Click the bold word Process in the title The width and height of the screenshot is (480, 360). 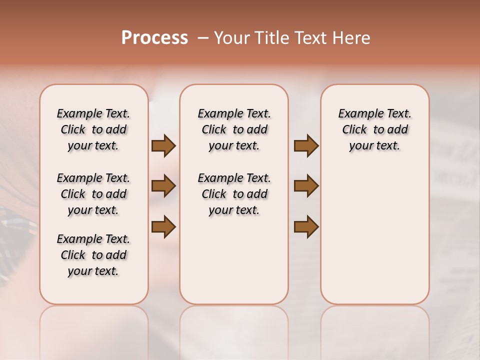click(x=154, y=38)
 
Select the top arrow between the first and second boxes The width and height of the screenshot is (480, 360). click(x=163, y=146)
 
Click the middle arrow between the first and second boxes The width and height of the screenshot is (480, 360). click(x=163, y=186)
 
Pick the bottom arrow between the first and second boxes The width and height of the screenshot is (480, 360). click(x=163, y=226)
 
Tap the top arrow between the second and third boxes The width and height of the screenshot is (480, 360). click(x=306, y=146)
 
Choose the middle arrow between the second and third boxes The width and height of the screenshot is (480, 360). click(x=306, y=186)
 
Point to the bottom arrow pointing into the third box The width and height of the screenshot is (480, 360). click(x=306, y=226)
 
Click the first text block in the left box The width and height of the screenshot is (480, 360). click(x=93, y=129)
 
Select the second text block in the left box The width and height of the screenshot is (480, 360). click(x=93, y=194)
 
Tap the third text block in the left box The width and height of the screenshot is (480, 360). click(x=93, y=255)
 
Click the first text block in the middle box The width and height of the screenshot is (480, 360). click(x=234, y=129)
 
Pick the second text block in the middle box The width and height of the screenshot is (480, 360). click(x=234, y=194)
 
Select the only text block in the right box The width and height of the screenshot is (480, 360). click(x=374, y=129)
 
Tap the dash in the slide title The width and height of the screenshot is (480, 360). click(x=203, y=38)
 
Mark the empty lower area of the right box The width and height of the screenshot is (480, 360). click(x=374, y=235)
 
